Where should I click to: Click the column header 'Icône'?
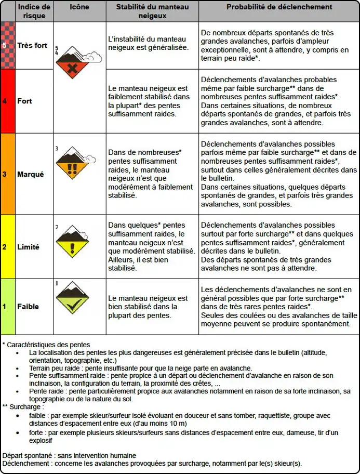tap(79, 7)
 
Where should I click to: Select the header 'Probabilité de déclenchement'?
tap(279, 7)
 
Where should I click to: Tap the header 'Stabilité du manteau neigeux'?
tap(152, 11)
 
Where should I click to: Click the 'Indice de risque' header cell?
tap(34, 11)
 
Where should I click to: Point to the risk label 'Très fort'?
tap(32, 45)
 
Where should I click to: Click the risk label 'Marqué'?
tap(31, 174)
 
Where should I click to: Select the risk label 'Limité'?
tap(29, 247)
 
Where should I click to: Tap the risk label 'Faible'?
tap(28, 306)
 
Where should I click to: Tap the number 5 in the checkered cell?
tap(4, 45)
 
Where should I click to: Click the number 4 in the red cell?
tap(4, 101)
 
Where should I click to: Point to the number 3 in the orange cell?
tap(4, 174)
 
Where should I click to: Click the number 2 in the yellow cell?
tap(4, 247)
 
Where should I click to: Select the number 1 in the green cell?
tap(4, 306)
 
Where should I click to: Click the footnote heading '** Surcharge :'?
tap(24, 406)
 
